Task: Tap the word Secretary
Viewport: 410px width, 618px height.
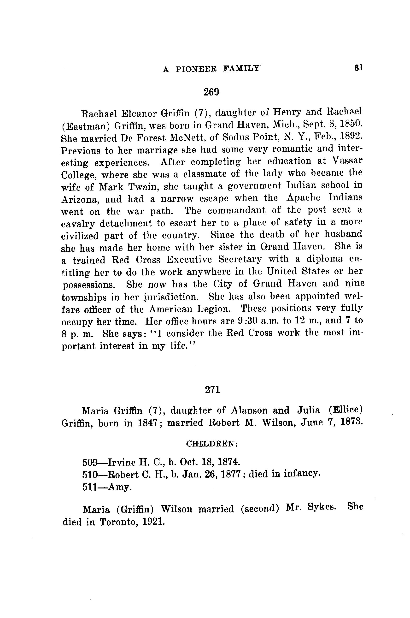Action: pos(240,259)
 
